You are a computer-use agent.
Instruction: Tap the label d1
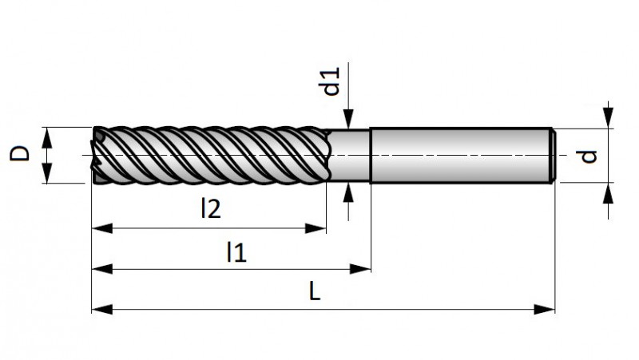point(331,82)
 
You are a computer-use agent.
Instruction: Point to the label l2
point(210,209)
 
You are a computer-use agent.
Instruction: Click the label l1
point(236,253)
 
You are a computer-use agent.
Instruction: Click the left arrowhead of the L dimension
point(99,309)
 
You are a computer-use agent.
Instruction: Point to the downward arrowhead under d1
point(349,121)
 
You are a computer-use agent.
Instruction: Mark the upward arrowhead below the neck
point(349,192)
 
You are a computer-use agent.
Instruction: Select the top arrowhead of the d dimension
point(609,121)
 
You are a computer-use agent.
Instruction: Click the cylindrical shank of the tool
point(459,155)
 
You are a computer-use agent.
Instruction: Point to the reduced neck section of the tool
point(350,156)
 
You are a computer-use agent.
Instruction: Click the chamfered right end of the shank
point(553,155)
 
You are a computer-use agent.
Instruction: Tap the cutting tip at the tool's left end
point(96,155)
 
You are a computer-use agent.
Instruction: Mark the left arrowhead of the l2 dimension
point(99,229)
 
